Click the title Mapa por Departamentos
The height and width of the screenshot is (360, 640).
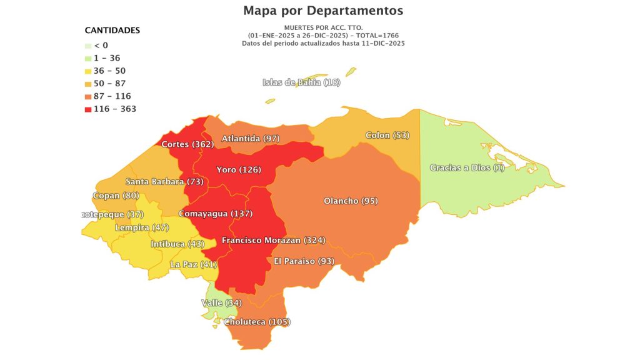pos(323,11)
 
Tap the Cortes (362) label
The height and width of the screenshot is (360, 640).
pos(187,144)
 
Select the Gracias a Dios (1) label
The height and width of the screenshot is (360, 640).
pos(467,167)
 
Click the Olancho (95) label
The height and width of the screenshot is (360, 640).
pos(351,201)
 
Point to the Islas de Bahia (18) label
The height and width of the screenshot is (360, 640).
pos(301,82)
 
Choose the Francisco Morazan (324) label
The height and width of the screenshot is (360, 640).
pos(273,240)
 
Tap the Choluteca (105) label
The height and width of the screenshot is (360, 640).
pos(257,322)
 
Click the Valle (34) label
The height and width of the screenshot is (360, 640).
pos(221,303)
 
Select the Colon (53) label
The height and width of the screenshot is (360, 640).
pos(387,135)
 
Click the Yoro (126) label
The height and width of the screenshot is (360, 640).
pos(238,169)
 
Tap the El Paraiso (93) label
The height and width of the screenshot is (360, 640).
pos(304,261)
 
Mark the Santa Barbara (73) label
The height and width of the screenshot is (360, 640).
pos(164,181)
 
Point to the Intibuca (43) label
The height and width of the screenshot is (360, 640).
pos(177,244)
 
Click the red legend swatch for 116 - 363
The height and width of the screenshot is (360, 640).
pos(88,109)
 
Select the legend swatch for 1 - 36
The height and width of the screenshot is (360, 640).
pos(88,58)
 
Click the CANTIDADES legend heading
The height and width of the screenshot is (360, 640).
pos(112,30)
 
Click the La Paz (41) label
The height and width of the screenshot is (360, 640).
pos(193,264)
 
